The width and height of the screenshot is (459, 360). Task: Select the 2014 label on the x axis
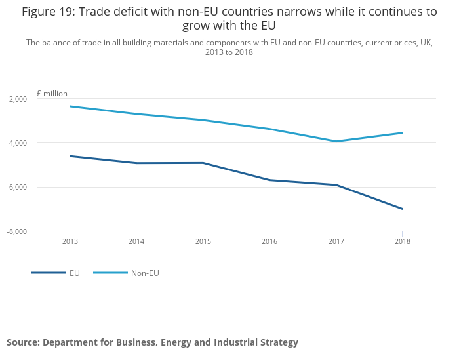(x=136, y=241)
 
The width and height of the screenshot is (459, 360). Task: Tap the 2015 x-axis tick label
(x=203, y=241)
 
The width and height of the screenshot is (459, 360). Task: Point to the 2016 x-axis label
(x=269, y=241)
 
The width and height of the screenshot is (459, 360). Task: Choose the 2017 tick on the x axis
(x=336, y=241)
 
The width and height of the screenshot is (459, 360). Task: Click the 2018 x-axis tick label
(x=402, y=241)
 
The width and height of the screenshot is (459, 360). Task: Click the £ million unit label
(x=52, y=94)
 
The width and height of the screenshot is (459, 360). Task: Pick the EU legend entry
(x=74, y=273)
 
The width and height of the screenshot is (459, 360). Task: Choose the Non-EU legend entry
(x=144, y=273)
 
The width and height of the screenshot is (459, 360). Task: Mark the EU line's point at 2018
(x=402, y=209)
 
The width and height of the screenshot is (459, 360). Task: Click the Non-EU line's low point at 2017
(x=336, y=141)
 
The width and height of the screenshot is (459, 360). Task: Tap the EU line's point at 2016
(x=269, y=180)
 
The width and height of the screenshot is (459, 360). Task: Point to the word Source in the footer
(x=23, y=342)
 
